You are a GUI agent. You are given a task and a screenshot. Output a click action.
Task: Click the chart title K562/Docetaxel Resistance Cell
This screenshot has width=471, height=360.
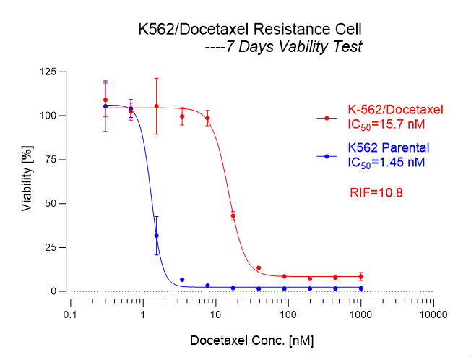(250, 30)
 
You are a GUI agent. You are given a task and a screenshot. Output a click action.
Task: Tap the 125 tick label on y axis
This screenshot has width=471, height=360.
(49, 72)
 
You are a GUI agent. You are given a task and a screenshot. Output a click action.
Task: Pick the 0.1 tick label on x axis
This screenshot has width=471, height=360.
(70, 315)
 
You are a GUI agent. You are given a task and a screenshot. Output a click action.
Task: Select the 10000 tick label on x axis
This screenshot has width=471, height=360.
(433, 315)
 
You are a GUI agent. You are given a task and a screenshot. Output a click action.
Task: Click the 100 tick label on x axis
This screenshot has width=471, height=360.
(288, 315)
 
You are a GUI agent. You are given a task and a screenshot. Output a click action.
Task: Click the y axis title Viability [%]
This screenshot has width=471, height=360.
(27, 181)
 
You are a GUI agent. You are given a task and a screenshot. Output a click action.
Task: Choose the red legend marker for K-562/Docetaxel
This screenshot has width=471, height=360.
(327, 117)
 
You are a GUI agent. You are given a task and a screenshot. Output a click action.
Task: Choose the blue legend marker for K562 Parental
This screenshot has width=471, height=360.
(327, 155)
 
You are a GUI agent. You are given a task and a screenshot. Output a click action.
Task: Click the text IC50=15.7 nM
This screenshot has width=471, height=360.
(385, 124)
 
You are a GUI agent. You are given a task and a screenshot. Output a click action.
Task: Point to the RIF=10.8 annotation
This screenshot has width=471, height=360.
(376, 192)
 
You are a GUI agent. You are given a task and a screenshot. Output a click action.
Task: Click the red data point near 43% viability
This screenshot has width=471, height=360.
(233, 215)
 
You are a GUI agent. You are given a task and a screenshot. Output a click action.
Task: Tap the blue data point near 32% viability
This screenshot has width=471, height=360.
(156, 236)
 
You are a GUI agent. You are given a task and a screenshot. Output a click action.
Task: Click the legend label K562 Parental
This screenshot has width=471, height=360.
(388, 148)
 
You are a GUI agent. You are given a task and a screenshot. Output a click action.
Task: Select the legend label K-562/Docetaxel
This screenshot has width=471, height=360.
(394, 110)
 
